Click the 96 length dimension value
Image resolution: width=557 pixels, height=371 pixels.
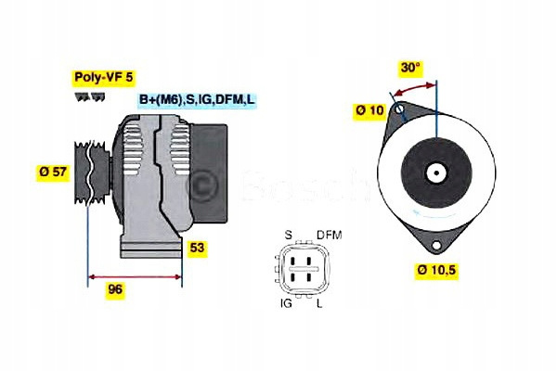coord(115,289)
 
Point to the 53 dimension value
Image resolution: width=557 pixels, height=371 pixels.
coord(197,248)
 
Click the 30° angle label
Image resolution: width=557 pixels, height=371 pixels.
coord(410,68)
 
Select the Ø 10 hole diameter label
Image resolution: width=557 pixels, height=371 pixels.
coord(369,111)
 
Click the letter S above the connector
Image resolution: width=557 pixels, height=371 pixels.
coord(288,235)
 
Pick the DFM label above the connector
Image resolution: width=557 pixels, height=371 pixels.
coord(330,235)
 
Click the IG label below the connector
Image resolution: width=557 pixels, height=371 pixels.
coord(288,302)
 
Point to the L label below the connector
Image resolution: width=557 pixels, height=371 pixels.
coord(320,302)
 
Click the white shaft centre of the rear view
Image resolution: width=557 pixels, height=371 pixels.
coord(435,172)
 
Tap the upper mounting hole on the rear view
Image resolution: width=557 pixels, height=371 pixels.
coord(399,110)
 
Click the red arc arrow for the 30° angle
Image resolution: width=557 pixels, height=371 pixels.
coord(414,85)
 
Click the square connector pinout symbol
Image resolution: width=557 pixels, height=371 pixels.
coord(303,269)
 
